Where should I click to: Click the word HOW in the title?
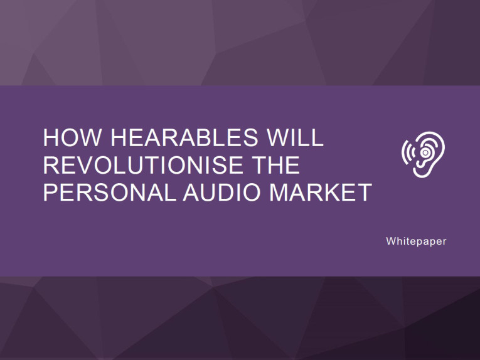[x=72, y=137]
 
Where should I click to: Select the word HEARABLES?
[x=184, y=137]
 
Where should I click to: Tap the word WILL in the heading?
[x=295, y=137]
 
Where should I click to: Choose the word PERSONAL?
[x=109, y=192]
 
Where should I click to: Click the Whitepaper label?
[x=416, y=241]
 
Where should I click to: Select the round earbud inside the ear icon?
[x=425, y=152]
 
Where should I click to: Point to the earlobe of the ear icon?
[x=419, y=172]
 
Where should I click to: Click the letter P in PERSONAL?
[x=51, y=192]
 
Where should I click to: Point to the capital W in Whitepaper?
[x=392, y=241]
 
